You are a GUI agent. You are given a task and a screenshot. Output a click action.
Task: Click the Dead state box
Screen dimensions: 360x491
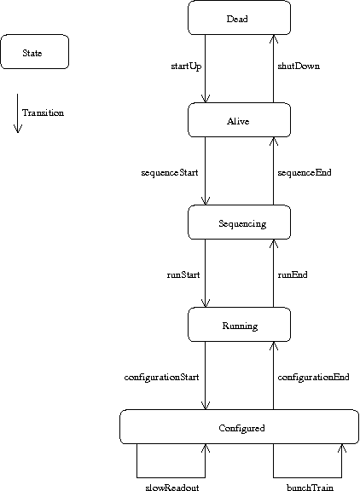click(x=239, y=18)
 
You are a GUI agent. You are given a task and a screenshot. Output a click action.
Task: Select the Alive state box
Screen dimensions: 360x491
click(x=239, y=119)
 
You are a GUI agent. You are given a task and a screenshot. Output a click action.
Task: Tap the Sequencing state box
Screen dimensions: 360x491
click(x=239, y=222)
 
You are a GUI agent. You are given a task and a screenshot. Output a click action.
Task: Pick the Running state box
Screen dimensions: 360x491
click(x=239, y=324)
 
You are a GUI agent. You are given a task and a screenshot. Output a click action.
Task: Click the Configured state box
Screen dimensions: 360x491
click(x=240, y=426)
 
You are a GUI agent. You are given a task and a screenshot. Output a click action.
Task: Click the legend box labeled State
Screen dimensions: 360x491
click(x=34, y=52)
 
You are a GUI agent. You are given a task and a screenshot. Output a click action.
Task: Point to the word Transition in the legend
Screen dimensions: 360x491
click(x=43, y=113)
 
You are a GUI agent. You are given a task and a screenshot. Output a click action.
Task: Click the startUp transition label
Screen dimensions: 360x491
click(x=186, y=66)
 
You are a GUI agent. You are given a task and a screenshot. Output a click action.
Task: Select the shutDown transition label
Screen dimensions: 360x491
click(x=299, y=66)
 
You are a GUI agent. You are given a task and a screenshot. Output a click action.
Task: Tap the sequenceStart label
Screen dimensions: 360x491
click(x=170, y=173)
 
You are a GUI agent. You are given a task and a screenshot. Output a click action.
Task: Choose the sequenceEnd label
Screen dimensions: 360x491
click(x=305, y=173)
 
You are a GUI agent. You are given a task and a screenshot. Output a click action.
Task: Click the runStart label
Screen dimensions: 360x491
click(x=183, y=275)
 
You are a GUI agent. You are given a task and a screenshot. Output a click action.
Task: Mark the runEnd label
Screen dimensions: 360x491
click(x=293, y=275)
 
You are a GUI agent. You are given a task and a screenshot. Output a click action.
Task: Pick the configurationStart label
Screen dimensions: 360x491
click(x=162, y=378)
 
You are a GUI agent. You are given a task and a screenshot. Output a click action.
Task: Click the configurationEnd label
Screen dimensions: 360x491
click(x=313, y=378)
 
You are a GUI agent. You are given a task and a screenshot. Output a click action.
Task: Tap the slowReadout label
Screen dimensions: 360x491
click(x=172, y=488)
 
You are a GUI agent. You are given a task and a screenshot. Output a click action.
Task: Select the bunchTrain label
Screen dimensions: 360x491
click(x=310, y=488)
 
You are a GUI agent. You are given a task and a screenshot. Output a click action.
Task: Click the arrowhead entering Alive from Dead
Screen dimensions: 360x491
click(x=206, y=98)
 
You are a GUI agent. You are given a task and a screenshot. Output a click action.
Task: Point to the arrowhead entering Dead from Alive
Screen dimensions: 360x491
click(x=274, y=39)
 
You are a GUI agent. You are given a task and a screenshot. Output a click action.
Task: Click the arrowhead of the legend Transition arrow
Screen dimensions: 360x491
click(x=18, y=129)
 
